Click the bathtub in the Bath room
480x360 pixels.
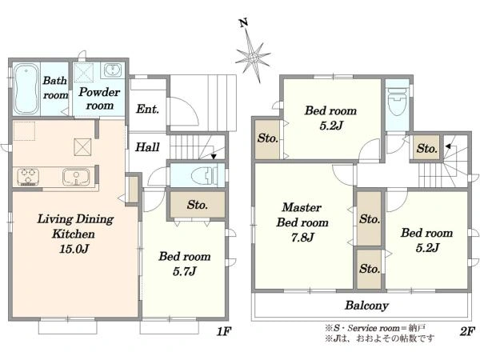click(x=26, y=89)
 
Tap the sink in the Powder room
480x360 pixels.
click(x=114, y=70)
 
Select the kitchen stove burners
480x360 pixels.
click(x=28, y=177)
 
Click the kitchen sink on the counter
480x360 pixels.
click(x=77, y=177)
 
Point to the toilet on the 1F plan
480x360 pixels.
click(x=204, y=175)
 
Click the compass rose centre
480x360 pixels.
click(x=253, y=58)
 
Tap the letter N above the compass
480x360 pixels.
click(x=244, y=23)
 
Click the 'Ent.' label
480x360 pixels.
click(x=147, y=109)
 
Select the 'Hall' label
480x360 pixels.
click(x=147, y=147)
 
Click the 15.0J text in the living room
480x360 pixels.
click(x=74, y=249)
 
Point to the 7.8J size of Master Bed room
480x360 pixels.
click(x=302, y=238)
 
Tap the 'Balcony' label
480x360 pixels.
click(x=366, y=306)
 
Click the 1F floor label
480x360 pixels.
click(x=224, y=331)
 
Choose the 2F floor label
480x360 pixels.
click(x=467, y=331)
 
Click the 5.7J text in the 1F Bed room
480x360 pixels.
click(x=185, y=271)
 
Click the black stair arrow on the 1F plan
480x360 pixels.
click(x=214, y=157)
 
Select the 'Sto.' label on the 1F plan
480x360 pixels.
click(x=198, y=205)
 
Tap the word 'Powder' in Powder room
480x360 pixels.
click(x=99, y=92)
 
